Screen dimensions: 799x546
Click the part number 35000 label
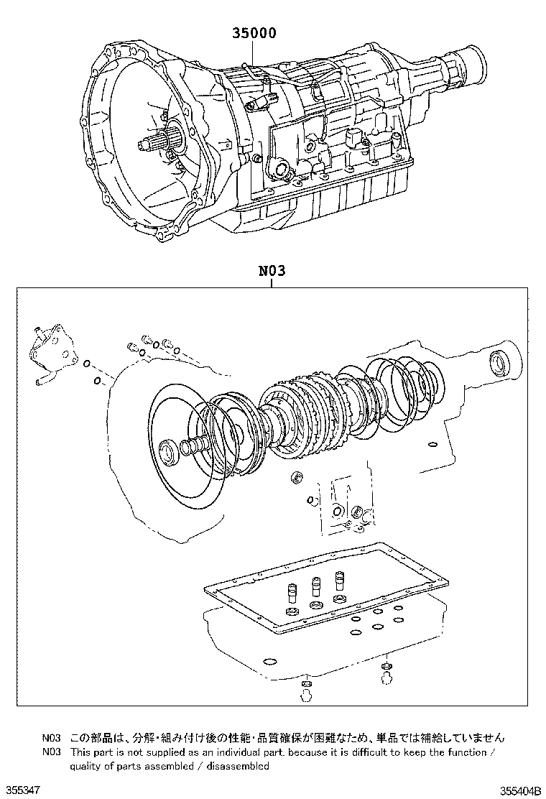pyautogui.click(x=254, y=33)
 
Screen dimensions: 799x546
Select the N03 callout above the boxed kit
pyautogui.click(x=272, y=272)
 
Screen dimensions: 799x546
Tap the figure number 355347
pyautogui.click(x=19, y=790)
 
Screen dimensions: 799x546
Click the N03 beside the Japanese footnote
pyautogui.click(x=51, y=738)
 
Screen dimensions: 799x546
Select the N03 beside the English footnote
pyautogui.click(x=51, y=752)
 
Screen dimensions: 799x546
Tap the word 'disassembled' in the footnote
pyautogui.click(x=239, y=766)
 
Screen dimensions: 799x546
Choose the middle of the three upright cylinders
pyautogui.click(x=315, y=588)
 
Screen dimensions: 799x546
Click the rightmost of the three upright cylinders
pyautogui.click(x=340, y=583)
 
